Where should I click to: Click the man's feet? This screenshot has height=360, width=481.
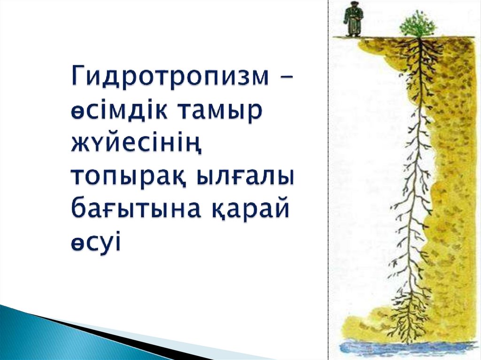pos(353,34)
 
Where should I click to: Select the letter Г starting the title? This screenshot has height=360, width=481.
pos(78,77)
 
